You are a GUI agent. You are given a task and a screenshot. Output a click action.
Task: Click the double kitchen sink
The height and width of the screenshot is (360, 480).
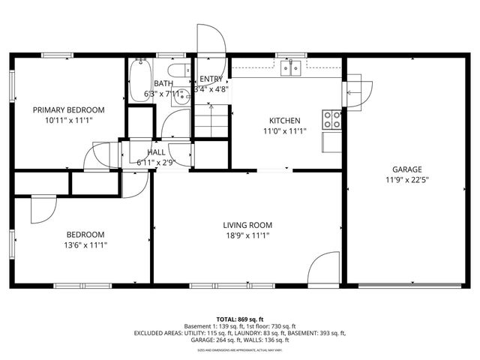click(x=292, y=69)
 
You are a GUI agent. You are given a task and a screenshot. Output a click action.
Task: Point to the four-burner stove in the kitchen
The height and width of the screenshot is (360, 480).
click(x=331, y=119)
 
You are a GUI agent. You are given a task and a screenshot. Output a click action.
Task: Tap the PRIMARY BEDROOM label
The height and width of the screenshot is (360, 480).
click(x=68, y=109)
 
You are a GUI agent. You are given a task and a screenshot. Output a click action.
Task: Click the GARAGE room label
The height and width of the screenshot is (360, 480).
click(x=406, y=169)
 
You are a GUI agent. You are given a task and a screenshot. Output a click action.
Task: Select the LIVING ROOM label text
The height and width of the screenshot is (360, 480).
click(x=247, y=225)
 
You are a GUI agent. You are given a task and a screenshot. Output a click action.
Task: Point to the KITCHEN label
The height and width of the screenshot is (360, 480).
click(x=285, y=121)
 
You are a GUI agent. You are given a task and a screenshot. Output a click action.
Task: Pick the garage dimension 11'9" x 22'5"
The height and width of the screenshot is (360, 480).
click(x=406, y=179)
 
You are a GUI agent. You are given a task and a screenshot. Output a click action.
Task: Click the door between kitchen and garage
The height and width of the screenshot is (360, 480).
click(x=358, y=91)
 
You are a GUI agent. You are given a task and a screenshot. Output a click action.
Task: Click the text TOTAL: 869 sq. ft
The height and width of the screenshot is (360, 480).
click(x=240, y=320)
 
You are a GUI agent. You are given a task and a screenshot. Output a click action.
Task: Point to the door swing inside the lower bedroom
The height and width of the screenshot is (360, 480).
click(x=42, y=209)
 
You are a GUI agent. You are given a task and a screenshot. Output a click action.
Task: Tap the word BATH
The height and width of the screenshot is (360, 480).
click(x=163, y=84)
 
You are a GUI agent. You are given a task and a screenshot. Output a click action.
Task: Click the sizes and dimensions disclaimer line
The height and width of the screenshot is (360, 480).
click(x=240, y=350)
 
